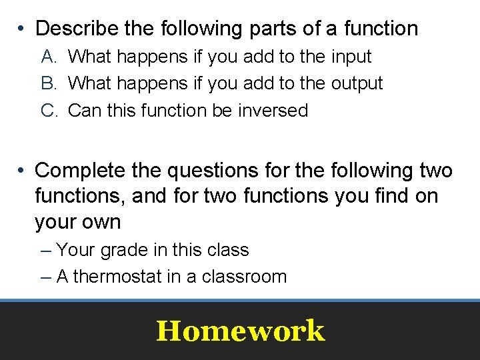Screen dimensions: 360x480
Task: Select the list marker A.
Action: [50, 57]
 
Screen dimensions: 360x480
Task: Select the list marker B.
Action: [50, 83]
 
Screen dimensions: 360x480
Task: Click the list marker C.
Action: [51, 110]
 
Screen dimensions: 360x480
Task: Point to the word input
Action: [351, 57]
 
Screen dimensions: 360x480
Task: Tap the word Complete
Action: [79, 171]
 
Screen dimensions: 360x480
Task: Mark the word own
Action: [99, 222]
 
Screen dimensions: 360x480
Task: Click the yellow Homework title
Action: [240, 331]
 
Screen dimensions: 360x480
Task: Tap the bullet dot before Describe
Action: [22, 29]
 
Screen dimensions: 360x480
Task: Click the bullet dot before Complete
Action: [22, 171]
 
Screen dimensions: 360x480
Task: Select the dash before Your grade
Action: [45, 251]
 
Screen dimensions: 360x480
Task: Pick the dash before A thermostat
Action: [45, 277]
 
